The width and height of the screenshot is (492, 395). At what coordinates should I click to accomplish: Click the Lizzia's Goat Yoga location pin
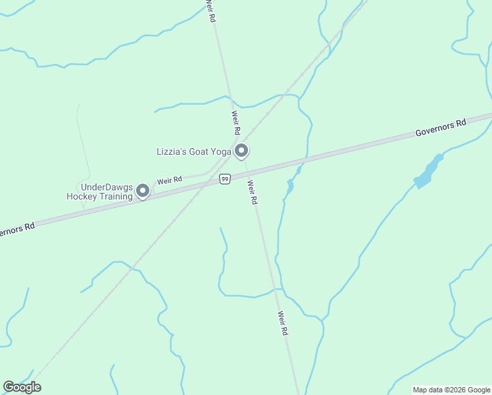(x=241, y=151)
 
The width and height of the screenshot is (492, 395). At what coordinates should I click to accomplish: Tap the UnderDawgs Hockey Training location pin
(x=142, y=191)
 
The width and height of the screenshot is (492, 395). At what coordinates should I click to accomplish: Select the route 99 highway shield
(x=225, y=179)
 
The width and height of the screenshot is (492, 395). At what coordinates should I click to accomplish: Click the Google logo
(x=22, y=387)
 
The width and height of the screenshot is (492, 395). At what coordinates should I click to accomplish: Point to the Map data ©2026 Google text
(x=451, y=390)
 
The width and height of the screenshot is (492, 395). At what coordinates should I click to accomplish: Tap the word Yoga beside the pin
(x=221, y=151)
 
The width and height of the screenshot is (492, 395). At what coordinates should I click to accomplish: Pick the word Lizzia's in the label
(x=171, y=151)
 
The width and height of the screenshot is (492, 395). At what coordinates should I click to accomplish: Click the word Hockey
(x=82, y=196)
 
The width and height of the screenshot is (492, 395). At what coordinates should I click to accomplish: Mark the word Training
(x=116, y=196)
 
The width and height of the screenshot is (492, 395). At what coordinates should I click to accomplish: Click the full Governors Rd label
(x=441, y=127)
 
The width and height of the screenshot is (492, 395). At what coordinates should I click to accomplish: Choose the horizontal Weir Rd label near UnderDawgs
(x=169, y=180)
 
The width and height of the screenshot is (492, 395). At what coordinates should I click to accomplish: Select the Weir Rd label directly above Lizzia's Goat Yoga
(x=235, y=122)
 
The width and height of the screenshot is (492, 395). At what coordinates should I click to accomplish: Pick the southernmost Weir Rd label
(x=283, y=323)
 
